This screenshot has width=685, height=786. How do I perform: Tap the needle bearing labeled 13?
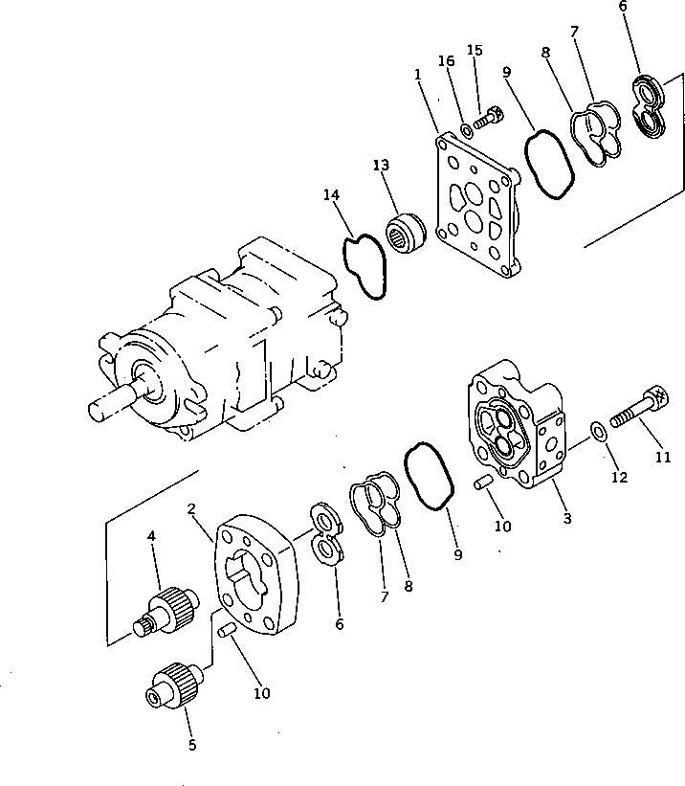tap(409, 235)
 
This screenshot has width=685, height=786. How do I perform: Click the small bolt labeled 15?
tap(488, 121)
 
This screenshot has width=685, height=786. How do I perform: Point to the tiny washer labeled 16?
tap(466, 128)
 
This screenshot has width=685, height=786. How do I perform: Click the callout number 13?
tap(382, 166)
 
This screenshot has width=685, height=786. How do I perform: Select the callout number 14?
tap(331, 195)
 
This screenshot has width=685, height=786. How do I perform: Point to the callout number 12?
tap(619, 477)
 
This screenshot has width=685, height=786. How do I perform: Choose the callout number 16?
tap(446, 61)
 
